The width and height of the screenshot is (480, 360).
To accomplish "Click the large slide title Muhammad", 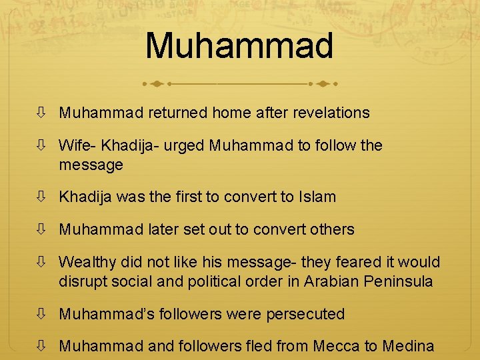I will pyautogui.click(x=239, y=45).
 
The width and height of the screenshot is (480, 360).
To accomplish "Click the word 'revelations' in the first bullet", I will pyautogui.click(x=331, y=113).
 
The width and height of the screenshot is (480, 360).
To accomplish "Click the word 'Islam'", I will pyautogui.click(x=317, y=197).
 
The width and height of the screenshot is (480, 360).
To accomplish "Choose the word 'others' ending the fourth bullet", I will pyautogui.click(x=333, y=229).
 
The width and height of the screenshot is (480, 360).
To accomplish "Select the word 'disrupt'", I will pyautogui.click(x=81, y=281).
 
